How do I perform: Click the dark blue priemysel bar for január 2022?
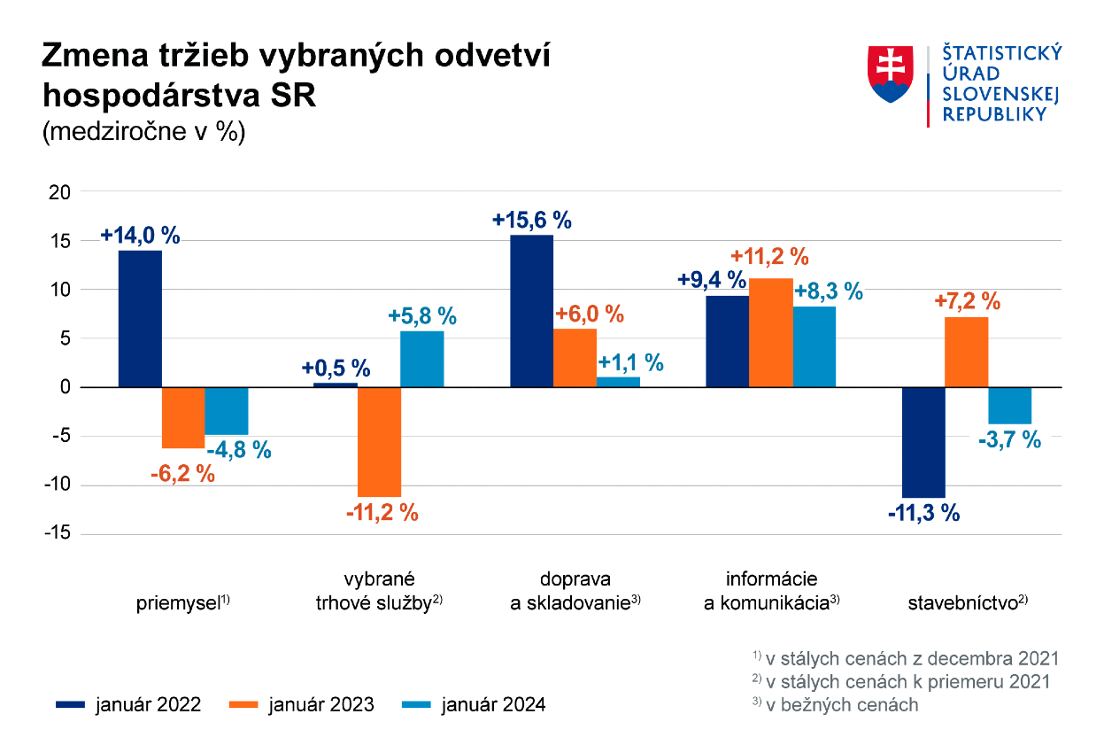140,319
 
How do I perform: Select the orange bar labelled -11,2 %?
379,441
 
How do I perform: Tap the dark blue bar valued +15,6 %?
531,311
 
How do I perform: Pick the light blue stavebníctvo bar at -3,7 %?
1009,406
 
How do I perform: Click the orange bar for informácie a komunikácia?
770,333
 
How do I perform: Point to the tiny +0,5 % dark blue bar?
336,384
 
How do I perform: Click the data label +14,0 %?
140,236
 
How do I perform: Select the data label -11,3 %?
923,513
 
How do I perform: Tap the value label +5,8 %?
422,316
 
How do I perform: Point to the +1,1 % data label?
630,362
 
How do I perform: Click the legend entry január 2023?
302,705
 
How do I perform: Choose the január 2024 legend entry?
474,705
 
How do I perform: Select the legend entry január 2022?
128,705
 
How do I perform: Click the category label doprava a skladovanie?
575,592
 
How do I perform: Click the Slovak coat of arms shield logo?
891,75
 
